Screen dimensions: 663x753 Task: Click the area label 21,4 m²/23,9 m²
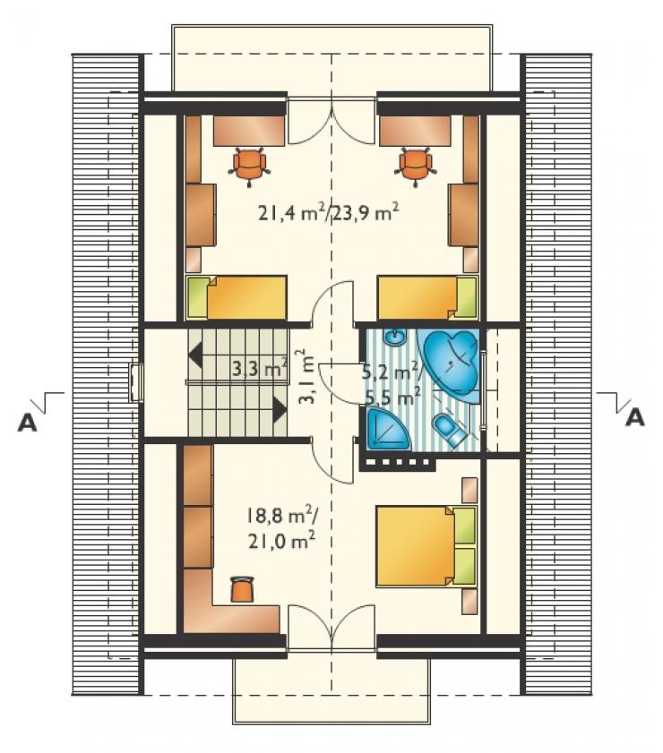point(329,213)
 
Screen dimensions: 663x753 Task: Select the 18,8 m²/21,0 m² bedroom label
point(281,528)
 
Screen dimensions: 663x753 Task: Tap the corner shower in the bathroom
point(388,428)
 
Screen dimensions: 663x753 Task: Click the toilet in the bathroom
point(448,429)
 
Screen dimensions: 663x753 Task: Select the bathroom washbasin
point(395,338)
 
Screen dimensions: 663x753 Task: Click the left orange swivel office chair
point(250,166)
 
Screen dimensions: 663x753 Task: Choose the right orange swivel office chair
point(416,166)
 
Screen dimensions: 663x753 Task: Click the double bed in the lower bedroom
point(426,545)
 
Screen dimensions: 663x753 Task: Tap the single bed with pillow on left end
point(237,298)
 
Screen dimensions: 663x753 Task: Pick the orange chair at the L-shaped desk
point(242,589)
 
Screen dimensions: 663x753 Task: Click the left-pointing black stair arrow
point(195,355)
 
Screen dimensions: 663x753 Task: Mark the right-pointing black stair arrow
point(280,409)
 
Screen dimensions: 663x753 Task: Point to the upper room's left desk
point(250,130)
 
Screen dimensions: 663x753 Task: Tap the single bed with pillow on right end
point(427,298)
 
